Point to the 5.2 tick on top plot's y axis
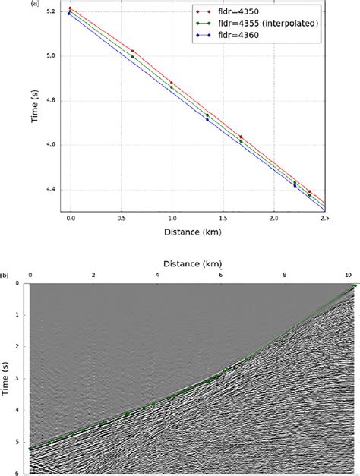51,11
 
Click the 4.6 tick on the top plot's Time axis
51,145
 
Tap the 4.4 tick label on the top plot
51,190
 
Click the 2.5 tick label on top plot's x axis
325,217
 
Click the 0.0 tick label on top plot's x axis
71,217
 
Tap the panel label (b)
5,275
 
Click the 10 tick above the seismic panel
349,274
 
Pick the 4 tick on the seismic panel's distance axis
156,274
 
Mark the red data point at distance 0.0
70,8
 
